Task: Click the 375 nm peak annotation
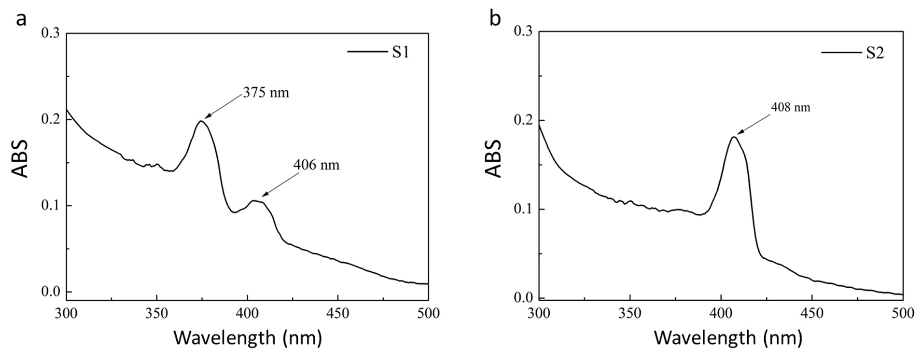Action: pos(266,93)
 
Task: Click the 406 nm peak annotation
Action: pos(316,165)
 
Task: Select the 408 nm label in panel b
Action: pos(790,107)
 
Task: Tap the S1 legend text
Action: pos(400,53)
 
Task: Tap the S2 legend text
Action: pos(875,53)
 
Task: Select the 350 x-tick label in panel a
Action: pos(157,313)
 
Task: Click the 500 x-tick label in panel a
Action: pos(428,313)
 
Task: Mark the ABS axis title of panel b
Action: pos(494,158)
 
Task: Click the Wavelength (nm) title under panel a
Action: pos(248,338)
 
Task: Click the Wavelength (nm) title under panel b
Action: pos(728,338)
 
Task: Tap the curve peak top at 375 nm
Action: pos(201,121)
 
